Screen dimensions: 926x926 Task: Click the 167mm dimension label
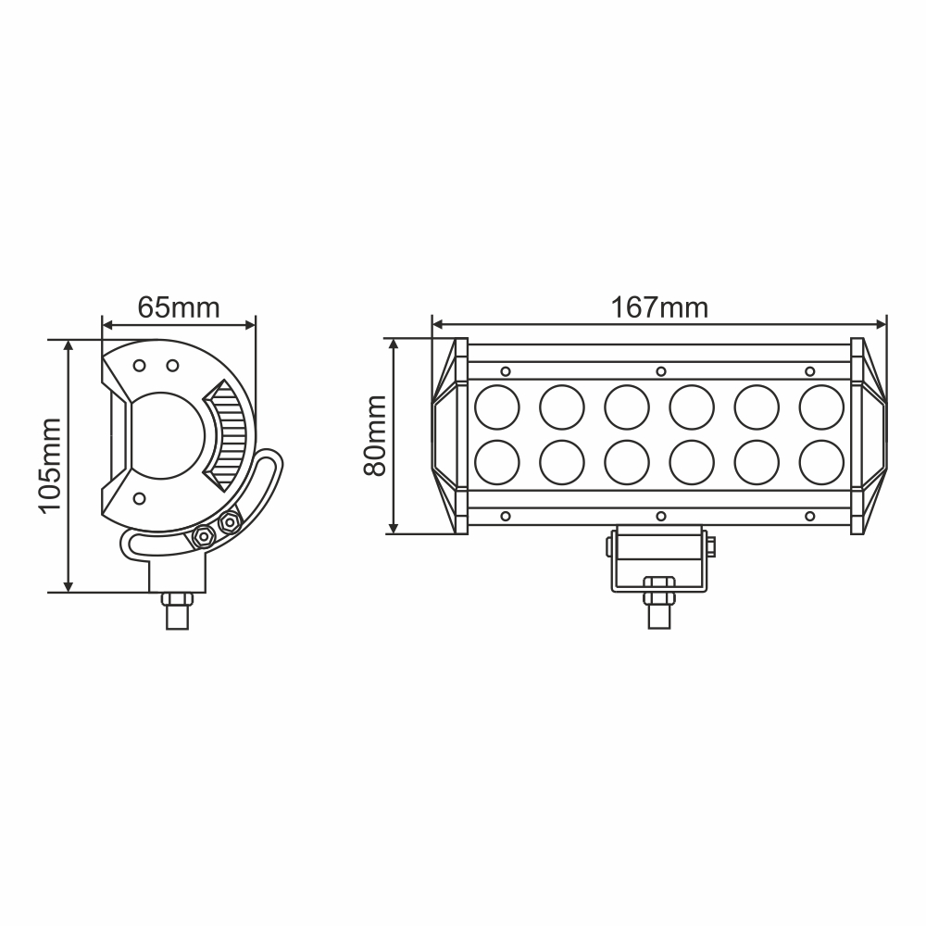point(659,307)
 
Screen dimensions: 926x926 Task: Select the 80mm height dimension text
point(375,435)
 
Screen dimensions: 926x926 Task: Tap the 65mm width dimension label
point(179,307)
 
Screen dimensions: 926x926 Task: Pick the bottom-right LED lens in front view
point(821,461)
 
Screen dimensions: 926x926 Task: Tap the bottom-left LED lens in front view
point(497,461)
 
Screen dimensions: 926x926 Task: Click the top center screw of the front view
point(660,371)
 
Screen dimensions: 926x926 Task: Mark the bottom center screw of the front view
point(660,515)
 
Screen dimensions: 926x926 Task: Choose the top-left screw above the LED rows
point(506,371)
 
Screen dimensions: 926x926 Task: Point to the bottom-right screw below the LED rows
point(809,515)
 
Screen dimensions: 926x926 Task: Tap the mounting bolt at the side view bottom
point(178,611)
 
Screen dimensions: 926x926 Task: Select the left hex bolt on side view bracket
point(201,535)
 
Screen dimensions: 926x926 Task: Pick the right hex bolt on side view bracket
point(227,524)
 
